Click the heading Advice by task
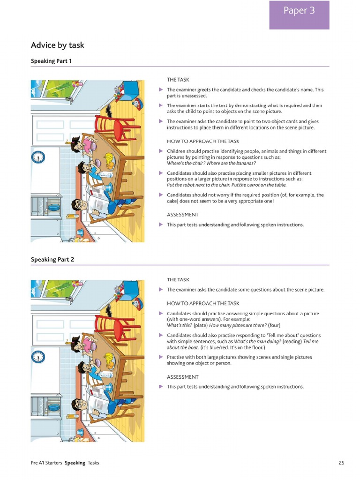point(58,45)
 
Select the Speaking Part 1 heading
point(51,61)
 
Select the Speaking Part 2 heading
point(52,259)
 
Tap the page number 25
point(341,463)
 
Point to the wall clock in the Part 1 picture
point(37,157)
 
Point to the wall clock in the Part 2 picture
point(37,357)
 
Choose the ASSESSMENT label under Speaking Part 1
point(182,215)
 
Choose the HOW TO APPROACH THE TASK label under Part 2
point(203,303)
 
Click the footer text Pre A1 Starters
point(46,463)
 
